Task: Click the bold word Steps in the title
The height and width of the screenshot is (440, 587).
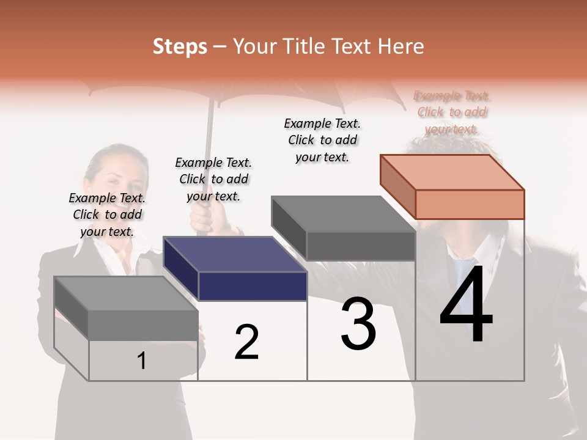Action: tap(180, 47)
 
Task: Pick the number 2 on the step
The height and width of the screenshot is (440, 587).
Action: tap(247, 342)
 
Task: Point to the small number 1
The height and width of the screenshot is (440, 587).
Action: tap(142, 361)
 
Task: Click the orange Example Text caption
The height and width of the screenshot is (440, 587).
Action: tap(452, 112)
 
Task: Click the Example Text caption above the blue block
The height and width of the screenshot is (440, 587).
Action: tap(213, 179)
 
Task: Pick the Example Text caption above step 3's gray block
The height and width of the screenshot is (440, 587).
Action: tap(322, 140)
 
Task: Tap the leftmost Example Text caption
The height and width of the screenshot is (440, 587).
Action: tap(107, 215)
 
